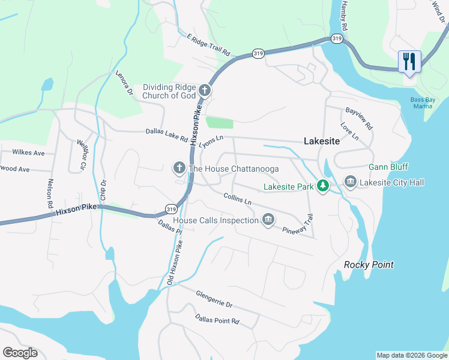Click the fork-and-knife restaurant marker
(409, 62)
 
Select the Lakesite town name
(322, 142)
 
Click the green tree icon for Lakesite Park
(323, 187)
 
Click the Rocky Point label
(369, 265)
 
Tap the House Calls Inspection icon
(268, 220)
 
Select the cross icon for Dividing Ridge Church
(204, 91)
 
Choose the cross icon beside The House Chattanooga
(179, 169)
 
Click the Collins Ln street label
(237, 197)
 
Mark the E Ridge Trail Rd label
(208, 45)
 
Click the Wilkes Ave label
(28, 153)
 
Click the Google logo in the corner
(20, 352)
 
